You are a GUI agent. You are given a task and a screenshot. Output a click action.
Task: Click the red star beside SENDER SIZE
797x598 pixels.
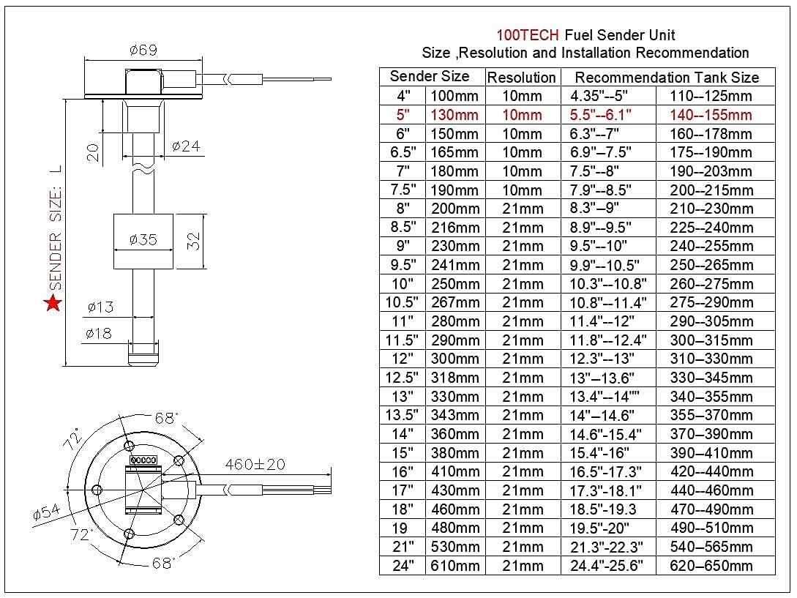pos(53,303)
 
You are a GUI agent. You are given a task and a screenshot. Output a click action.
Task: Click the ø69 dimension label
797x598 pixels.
pos(143,51)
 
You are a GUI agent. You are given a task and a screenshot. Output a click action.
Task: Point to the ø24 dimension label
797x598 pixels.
pos(186,146)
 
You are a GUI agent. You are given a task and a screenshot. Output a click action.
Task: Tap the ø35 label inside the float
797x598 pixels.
pos(143,240)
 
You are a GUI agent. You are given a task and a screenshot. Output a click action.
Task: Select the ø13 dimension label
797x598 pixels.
pos(100,307)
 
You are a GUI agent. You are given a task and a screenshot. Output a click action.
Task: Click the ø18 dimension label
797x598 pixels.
pos(98,334)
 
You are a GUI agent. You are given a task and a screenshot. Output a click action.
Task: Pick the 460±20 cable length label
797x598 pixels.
pos(255,465)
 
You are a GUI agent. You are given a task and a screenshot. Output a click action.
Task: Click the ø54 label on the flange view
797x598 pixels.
pos(47,513)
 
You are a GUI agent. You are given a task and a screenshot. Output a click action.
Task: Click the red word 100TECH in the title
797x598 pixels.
pos(528,35)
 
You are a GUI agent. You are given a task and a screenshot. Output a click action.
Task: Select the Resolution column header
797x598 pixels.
pos(522,78)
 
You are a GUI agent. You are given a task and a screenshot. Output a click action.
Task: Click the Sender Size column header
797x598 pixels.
pos(430,77)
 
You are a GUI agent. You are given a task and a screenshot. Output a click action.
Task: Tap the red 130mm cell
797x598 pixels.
pos(454,115)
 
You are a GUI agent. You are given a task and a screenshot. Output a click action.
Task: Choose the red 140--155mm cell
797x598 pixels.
pos(711,115)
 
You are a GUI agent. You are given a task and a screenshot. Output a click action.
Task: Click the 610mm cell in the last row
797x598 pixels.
pos(454,566)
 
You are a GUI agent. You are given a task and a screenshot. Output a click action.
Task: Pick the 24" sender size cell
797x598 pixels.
pos(403,566)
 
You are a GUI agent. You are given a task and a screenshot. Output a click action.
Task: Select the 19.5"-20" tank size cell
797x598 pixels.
pos(599,528)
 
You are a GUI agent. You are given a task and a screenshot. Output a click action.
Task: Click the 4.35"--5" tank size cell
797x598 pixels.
pos(599,96)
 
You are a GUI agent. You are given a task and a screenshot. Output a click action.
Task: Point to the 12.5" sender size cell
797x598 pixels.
pos(403,378)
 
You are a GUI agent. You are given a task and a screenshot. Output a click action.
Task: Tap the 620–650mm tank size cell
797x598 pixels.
pos(711,566)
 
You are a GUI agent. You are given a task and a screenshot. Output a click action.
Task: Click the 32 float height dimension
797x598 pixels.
pos(193,241)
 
